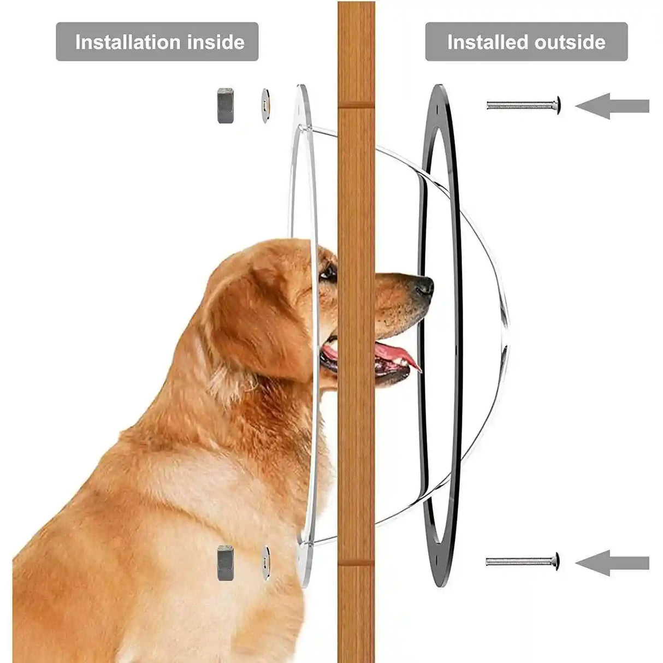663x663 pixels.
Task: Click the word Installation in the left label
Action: pyautogui.click(x=129, y=42)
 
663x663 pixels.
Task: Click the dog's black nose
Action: pyautogui.click(x=423, y=285)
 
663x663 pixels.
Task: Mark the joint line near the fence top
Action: pyautogui.click(x=356, y=107)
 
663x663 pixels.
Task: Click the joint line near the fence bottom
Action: pyautogui.click(x=356, y=566)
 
